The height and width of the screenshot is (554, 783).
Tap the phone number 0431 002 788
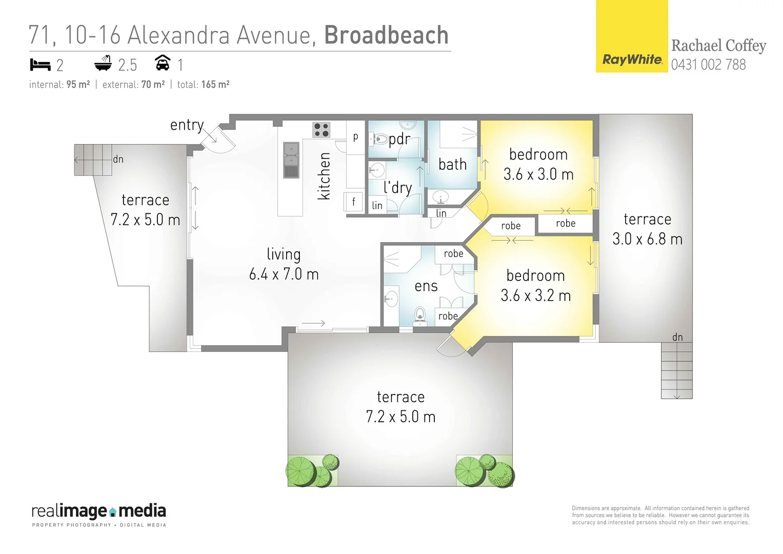(708, 65)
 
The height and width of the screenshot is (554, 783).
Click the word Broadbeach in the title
(386, 35)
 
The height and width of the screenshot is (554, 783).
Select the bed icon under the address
(40, 65)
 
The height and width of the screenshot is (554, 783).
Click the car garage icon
(163, 63)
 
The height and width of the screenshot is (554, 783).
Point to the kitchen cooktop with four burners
(322, 129)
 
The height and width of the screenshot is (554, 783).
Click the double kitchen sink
(291, 160)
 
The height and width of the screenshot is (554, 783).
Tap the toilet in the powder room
(380, 138)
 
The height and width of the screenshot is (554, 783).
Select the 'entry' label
(187, 125)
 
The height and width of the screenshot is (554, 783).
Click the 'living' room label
(284, 254)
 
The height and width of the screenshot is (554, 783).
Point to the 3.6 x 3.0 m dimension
(538, 174)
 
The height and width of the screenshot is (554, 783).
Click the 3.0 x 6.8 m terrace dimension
(647, 239)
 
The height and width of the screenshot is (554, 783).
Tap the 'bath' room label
(452, 164)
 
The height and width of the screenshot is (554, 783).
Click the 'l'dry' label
(398, 187)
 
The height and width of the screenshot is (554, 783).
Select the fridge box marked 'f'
(353, 202)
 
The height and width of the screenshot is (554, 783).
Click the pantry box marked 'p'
(355, 137)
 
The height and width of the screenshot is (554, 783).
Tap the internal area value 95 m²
(78, 85)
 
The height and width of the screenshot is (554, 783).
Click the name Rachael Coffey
(718, 46)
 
